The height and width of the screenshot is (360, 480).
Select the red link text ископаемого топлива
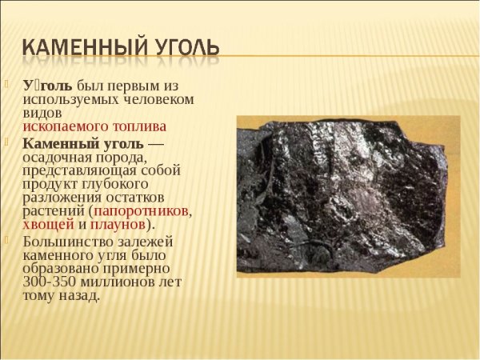(94, 126)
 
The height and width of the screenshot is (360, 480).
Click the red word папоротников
(142, 210)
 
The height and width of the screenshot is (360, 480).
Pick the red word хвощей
(47, 224)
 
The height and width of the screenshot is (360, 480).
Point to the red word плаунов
(118, 224)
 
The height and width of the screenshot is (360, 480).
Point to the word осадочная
(53, 157)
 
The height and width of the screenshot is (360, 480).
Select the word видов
(40, 113)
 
